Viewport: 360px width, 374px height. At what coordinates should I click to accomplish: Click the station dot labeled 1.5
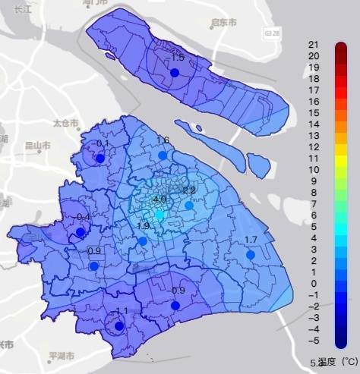point(174,72)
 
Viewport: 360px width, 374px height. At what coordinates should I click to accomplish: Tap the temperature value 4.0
point(159,200)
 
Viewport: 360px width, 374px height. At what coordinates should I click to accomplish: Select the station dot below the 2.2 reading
point(189,205)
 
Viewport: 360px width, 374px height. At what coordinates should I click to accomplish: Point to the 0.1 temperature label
point(103,144)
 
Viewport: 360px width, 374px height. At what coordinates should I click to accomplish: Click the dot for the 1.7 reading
point(250,255)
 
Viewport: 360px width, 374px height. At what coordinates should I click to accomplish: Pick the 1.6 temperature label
point(163,140)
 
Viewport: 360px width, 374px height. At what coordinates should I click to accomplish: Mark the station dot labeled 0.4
point(81,231)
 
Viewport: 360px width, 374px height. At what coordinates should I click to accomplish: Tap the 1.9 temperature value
point(143,226)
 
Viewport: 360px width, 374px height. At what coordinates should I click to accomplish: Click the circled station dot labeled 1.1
point(118,326)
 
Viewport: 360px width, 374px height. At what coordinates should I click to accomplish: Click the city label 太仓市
point(65,122)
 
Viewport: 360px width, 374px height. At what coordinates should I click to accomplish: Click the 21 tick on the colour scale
point(313,44)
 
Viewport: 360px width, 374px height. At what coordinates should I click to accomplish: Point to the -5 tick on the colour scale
point(313,341)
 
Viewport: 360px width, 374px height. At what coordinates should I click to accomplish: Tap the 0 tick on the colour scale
point(313,283)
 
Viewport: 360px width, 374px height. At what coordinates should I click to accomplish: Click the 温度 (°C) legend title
point(337,363)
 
